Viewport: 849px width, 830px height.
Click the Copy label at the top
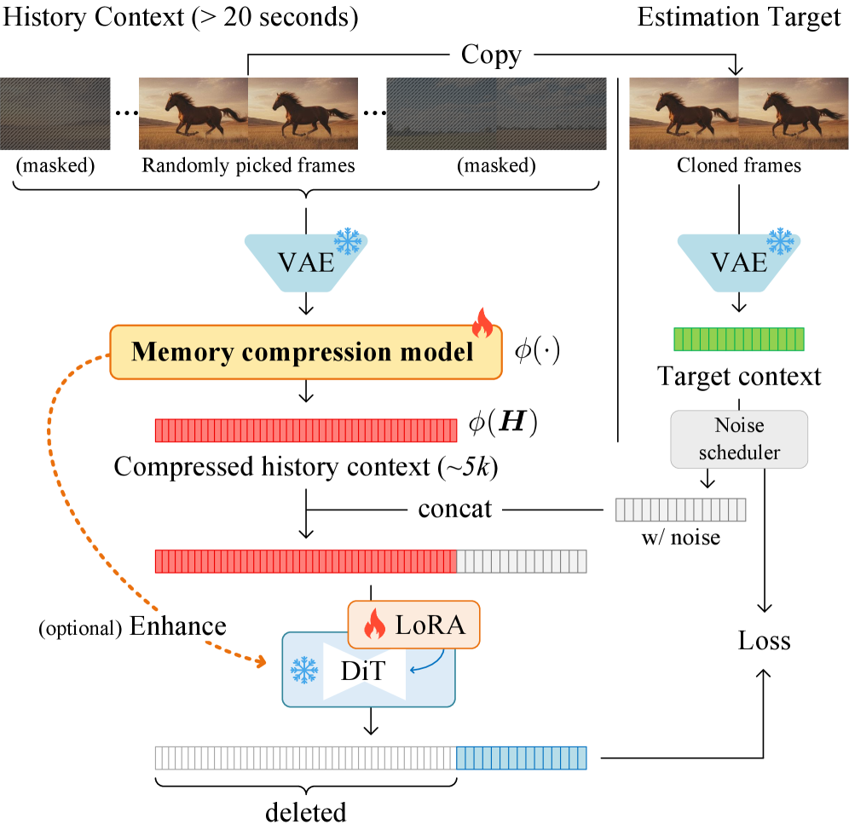[491, 55]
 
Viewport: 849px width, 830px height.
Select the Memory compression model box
[304, 352]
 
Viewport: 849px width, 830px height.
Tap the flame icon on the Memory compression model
[482, 323]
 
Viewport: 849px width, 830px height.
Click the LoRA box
[414, 625]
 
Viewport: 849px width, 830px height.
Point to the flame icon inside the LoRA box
[374, 626]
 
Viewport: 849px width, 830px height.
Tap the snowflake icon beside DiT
[303, 671]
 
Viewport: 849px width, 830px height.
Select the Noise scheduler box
[738, 439]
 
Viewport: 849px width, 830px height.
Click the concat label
[454, 510]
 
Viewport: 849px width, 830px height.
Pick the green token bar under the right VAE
[738, 339]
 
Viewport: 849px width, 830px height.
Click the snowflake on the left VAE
[348, 242]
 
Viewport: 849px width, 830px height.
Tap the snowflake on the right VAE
[780, 242]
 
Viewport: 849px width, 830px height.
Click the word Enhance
[178, 626]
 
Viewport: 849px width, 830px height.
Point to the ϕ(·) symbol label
[536, 351]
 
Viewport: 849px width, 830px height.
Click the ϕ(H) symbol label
[502, 424]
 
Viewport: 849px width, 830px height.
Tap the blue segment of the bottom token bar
[522, 758]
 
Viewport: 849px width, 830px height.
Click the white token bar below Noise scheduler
[680, 510]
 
